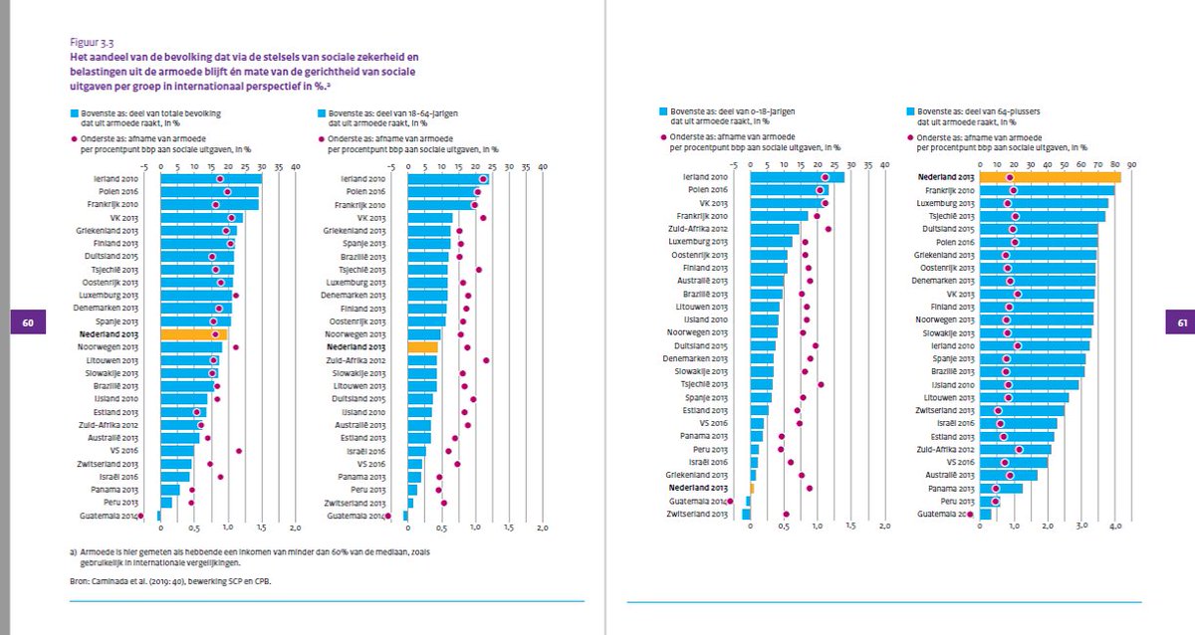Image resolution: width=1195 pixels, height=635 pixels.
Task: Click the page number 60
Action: click(x=28, y=322)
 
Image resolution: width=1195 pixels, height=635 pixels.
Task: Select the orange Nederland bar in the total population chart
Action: click(x=193, y=334)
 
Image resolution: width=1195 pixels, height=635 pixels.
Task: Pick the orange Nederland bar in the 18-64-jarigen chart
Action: click(x=422, y=346)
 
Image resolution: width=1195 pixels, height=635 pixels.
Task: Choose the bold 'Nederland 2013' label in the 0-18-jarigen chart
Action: click(x=698, y=489)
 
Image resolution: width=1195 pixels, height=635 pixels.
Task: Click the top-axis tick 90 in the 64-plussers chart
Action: click(x=1132, y=165)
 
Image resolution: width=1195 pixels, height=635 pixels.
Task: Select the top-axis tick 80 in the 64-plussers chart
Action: click(x=1115, y=165)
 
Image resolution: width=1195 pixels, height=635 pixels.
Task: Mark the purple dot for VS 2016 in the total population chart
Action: click(x=239, y=451)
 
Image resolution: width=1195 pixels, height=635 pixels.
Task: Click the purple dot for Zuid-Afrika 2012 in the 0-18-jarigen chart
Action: click(x=829, y=229)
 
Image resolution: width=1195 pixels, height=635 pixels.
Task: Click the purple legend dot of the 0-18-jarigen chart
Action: click(x=664, y=137)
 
